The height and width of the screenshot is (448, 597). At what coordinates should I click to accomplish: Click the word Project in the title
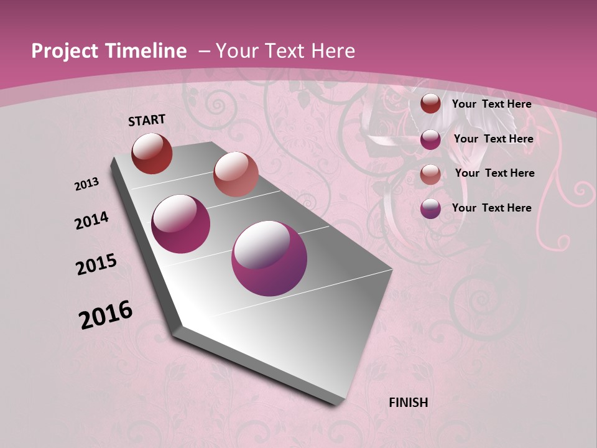[x=62, y=51]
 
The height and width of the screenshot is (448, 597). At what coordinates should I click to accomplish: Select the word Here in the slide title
[x=333, y=51]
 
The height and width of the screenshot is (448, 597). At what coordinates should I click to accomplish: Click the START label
[x=147, y=120]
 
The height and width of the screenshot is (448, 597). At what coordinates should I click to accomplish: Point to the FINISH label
[x=408, y=403]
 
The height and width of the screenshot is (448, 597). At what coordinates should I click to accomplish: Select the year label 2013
[x=86, y=184]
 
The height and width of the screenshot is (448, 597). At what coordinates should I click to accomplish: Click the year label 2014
[x=91, y=220]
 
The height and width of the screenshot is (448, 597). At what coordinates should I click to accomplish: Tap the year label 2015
[x=96, y=265]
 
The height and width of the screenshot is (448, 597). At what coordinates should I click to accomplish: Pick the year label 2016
[x=106, y=315]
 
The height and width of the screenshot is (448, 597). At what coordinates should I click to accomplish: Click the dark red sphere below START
[x=152, y=153]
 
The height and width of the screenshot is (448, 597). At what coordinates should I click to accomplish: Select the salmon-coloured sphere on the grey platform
[x=235, y=174]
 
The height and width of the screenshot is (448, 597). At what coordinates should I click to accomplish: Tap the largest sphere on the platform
[x=269, y=258]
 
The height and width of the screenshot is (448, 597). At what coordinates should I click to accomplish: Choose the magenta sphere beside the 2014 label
[x=181, y=224]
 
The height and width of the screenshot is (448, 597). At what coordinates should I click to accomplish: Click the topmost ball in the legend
[x=430, y=104]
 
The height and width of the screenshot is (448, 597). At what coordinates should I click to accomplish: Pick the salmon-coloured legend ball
[x=430, y=174]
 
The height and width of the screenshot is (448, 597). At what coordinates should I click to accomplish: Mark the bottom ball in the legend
[x=430, y=209]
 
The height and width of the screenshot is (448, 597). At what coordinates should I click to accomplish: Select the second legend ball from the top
[x=430, y=139]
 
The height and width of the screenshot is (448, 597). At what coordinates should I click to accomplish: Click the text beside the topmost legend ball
[x=491, y=104]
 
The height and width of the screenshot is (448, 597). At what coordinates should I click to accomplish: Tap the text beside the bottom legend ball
[x=491, y=208]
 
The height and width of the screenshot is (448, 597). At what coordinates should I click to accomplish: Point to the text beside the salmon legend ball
[x=494, y=173]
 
